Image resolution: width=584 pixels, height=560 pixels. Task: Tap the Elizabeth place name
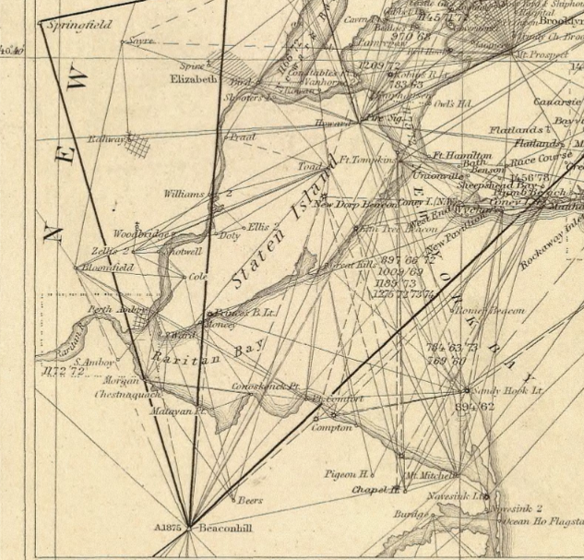[x=193, y=79]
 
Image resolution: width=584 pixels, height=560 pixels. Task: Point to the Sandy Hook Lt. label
[x=501, y=390]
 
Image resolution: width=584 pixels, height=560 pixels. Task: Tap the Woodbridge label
[x=142, y=234]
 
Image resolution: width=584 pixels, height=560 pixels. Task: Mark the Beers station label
[x=250, y=500]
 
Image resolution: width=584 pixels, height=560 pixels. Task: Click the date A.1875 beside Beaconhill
[x=170, y=528]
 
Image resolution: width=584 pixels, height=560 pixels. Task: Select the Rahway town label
[x=106, y=138]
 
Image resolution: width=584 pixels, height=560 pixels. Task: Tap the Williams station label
[x=185, y=194]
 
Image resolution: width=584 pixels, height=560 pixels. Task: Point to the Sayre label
[x=140, y=42]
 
